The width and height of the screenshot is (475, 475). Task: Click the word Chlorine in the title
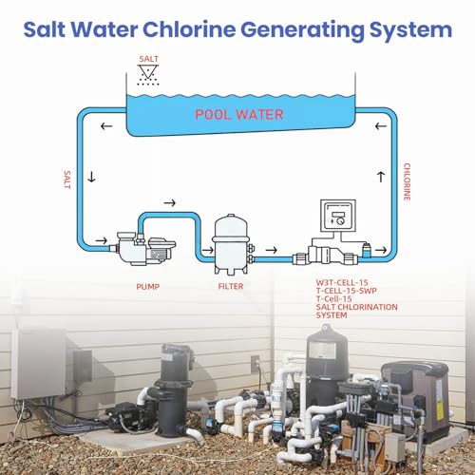(x=189, y=29)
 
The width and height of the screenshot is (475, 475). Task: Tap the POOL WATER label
(x=239, y=115)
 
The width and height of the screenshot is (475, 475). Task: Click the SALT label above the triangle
(x=148, y=59)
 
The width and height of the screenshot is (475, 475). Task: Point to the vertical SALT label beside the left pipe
(x=67, y=180)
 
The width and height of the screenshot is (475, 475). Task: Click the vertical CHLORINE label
(x=407, y=181)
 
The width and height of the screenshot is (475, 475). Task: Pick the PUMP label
(x=148, y=287)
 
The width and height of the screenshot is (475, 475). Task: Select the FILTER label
(x=231, y=286)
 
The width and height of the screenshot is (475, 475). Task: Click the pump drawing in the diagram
(x=144, y=249)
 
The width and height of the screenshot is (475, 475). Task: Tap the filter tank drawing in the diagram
(x=232, y=244)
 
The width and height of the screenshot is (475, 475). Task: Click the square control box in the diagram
(x=338, y=216)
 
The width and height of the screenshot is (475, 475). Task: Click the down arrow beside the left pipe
(x=91, y=177)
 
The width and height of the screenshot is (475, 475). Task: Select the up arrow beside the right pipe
(x=381, y=177)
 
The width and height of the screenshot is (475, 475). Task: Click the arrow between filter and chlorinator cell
(x=272, y=250)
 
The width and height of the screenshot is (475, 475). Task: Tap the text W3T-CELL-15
(x=342, y=282)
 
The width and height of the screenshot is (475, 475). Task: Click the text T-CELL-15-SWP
(x=347, y=291)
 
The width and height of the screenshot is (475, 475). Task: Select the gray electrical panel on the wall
(x=39, y=364)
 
